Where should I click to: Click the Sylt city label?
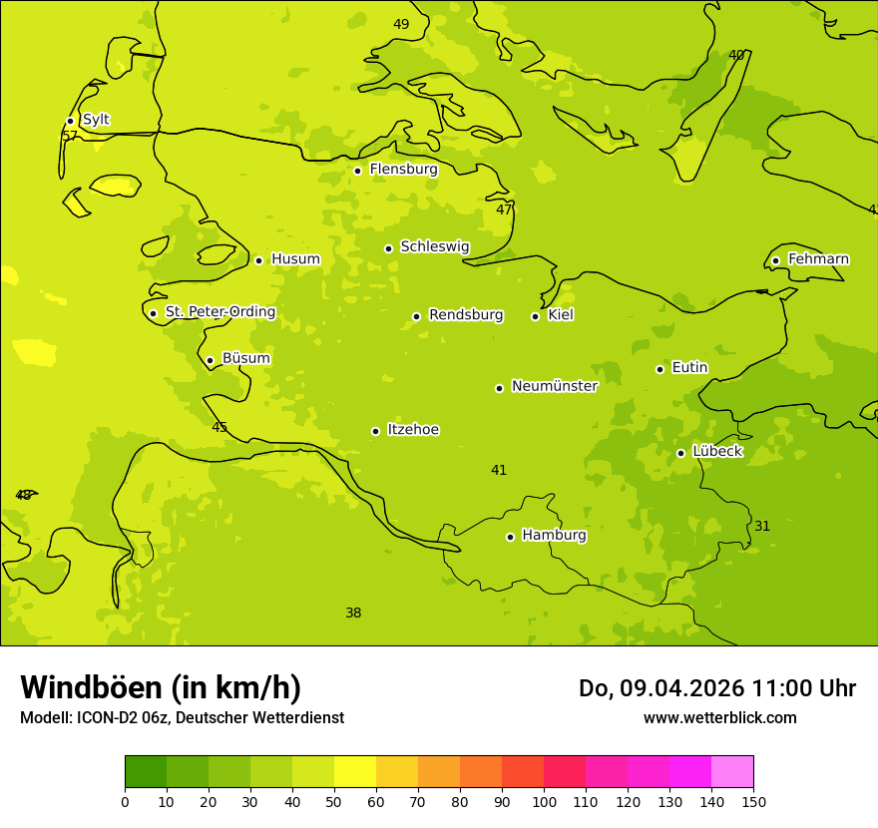coord(96,120)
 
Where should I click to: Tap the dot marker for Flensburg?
coord(357,171)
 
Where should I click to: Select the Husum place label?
coord(295,259)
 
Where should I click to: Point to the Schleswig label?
coord(434,246)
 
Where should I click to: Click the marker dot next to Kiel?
coord(535,316)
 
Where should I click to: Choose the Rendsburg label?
coord(466,315)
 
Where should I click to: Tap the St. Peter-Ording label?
coord(220,312)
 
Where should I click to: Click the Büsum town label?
coord(245,358)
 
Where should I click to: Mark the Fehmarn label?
coord(818,259)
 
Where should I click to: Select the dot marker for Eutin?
coord(659,369)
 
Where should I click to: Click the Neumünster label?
coord(555,386)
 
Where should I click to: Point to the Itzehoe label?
coord(413,430)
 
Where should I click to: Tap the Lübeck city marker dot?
coord(680,453)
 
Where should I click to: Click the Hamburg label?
coord(554,535)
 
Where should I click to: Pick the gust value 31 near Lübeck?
coord(762,526)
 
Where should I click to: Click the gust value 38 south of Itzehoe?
coord(353,613)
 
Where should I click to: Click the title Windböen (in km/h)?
coord(161,687)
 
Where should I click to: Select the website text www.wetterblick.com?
coord(719,717)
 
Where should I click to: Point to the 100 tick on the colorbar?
coord(544,801)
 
